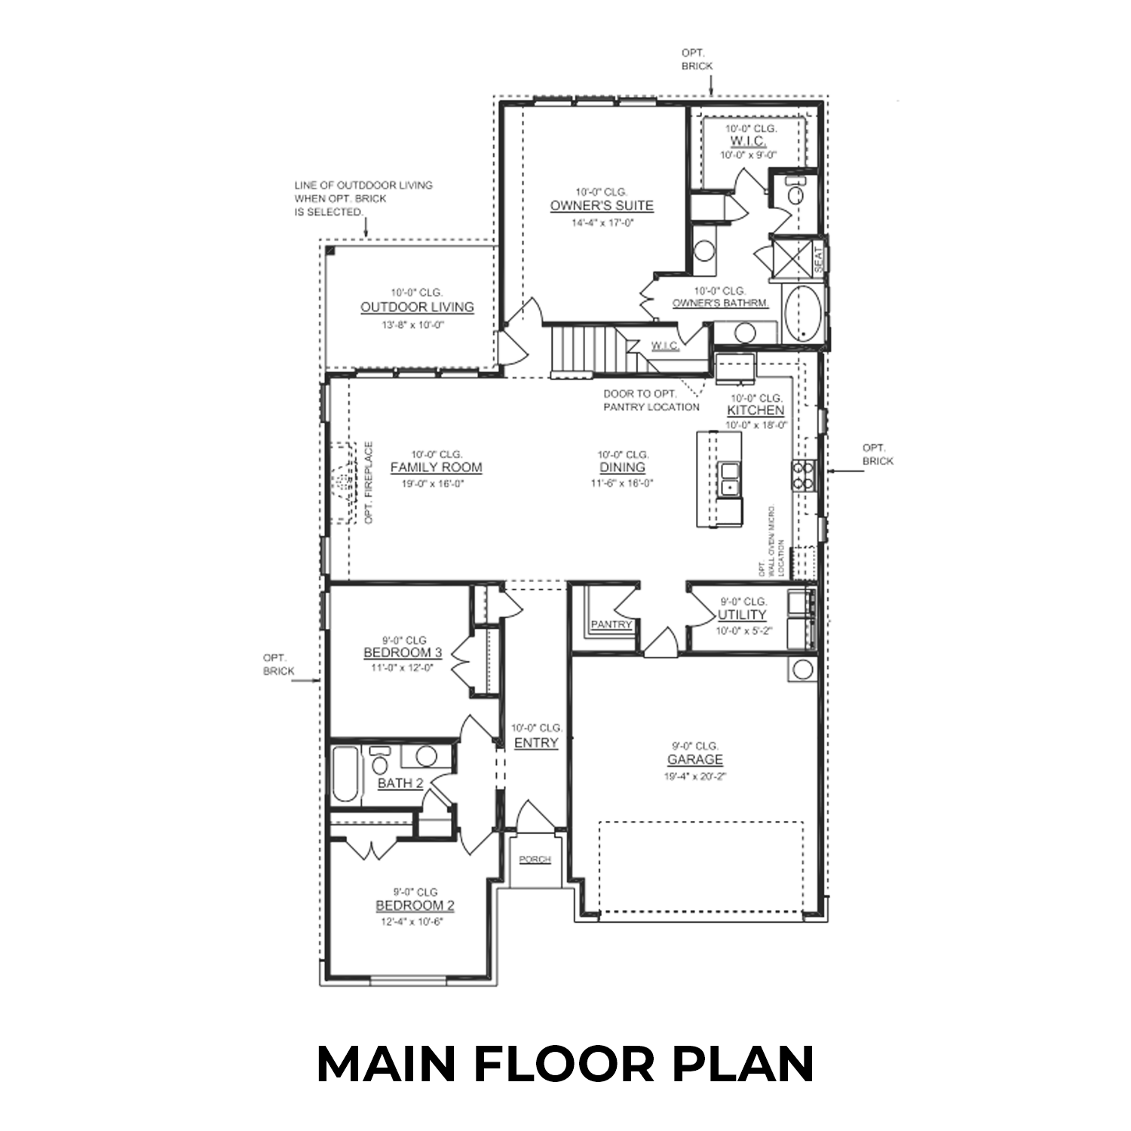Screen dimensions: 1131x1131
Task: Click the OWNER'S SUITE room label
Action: tap(601, 206)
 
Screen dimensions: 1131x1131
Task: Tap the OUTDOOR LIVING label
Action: tap(417, 308)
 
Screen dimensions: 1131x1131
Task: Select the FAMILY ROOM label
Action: tap(436, 467)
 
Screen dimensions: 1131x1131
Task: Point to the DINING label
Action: tap(623, 467)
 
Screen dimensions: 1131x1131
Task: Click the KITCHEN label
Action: tap(756, 411)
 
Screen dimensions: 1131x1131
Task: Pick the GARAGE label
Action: tap(694, 760)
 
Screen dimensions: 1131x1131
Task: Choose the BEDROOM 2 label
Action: tap(415, 906)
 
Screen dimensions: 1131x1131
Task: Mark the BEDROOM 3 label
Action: tap(403, 653)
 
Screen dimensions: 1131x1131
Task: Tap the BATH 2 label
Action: tap(400, 783)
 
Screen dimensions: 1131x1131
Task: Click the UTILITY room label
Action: tap(742, 615)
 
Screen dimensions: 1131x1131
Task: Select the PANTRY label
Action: tap(611, 625)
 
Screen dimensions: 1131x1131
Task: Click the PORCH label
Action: tap(535, 860)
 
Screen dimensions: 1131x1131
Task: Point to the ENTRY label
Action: tap(536, 743)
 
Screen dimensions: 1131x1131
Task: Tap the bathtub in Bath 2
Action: tap(346, 774)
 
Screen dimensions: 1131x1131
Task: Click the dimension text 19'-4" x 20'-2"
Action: tap(694, 776)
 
